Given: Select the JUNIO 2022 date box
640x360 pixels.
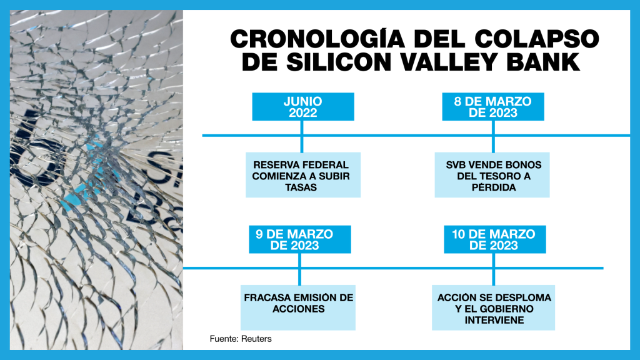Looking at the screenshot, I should click(x=302, y=107).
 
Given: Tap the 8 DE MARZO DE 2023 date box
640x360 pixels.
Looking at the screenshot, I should click(x=492, y=107).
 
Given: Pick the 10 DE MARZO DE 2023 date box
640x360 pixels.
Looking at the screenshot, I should click(x=493, y=239).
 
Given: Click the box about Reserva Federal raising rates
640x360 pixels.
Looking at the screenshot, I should click(x=301, y=176).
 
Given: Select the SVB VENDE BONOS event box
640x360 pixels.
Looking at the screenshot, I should click(x=493, y=176).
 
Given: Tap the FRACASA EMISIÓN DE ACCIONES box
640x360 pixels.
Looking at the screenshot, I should click(x=299, y=303).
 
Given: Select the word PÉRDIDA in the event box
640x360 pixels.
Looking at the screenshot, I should click(x=493, y=187).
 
